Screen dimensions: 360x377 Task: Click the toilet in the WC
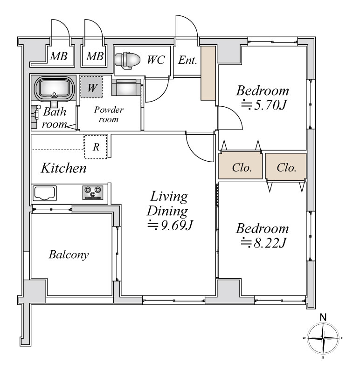(127, 61)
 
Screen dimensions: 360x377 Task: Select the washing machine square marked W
(91, 87)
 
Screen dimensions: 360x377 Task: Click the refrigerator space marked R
(96, 147)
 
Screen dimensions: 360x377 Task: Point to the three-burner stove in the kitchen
(93, 192)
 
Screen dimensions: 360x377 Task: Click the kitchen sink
(45, 193)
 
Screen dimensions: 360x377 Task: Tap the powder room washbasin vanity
(126, 88)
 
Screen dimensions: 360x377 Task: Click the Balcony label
(69, 254)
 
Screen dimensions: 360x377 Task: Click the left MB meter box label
(59, 56)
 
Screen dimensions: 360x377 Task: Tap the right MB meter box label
(95, 56)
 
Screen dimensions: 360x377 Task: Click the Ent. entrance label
(187, 60)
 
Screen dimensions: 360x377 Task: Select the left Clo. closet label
(242, 168)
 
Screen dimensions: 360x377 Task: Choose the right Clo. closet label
(286, 168)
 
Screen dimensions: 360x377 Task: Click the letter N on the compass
(323, 318)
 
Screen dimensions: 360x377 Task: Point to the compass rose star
(323, 338)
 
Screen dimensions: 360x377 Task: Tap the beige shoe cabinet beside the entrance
(208, 73)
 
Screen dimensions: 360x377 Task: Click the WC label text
(156, 60)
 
